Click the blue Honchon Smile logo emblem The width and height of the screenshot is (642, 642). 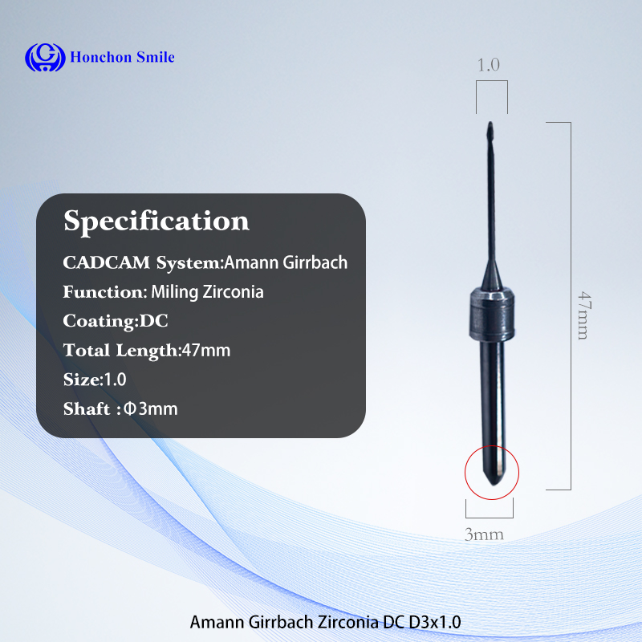[45, 57]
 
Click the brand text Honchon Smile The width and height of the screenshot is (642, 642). [123, 57]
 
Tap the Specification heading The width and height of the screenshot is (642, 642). [156, 221]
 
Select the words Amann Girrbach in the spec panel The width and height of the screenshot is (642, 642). [286, 262]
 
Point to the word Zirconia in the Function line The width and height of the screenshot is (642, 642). [233, 292]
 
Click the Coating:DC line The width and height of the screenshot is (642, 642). [116, 321]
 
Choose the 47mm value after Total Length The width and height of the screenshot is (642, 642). [206, 351]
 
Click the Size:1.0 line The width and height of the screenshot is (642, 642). [95, 380]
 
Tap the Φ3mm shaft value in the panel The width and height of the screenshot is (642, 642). [151, 408]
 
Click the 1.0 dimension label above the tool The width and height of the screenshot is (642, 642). [489, 65]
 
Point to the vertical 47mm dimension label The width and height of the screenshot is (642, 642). [584, 315]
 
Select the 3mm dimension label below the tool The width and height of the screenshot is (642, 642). [484, 534]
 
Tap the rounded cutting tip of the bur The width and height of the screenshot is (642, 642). [490, 130]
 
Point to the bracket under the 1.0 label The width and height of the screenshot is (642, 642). [492, 81]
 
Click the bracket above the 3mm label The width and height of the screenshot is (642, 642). [490, 518]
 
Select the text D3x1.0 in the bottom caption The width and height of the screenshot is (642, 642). [435, 622]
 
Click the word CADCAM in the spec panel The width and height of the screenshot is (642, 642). [107, 263]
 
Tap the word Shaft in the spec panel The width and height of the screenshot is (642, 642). [87, 408]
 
